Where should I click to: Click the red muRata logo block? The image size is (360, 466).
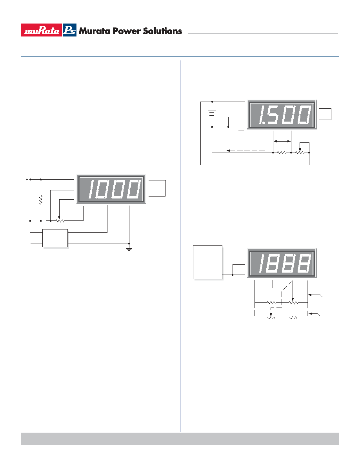point(41,30)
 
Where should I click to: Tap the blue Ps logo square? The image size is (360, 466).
point(69,30)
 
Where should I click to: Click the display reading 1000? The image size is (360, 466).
point(111,189)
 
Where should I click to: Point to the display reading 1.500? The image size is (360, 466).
point(282,115)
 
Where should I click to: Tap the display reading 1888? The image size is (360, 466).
point(282,263)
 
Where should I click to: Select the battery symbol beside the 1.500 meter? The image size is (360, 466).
point(212,113)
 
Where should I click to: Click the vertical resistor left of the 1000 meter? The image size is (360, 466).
point(41,200)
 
